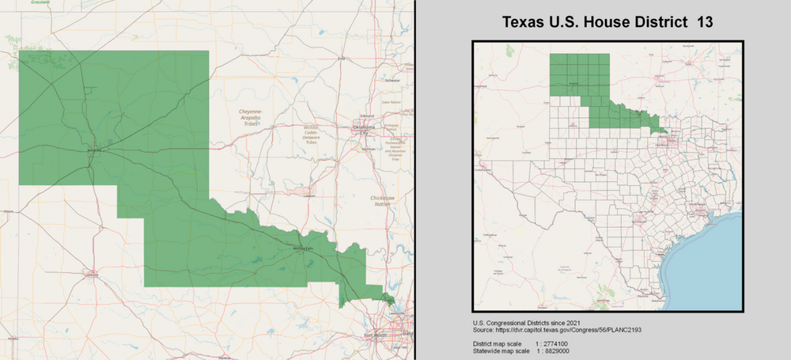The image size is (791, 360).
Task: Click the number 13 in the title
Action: point(704,23)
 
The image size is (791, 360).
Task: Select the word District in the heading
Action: point(660,23)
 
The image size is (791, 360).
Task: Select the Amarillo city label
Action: point(93,150)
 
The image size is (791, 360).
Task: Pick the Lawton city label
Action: point(308,196)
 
